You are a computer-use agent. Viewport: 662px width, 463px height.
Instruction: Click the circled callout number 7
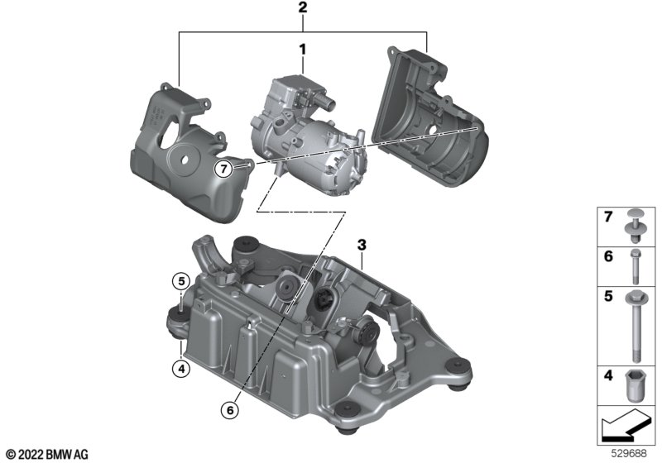[223, 169]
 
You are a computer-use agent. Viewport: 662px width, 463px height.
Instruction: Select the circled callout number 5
[181, 281]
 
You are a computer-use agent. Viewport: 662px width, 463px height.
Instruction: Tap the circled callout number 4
[181, 369]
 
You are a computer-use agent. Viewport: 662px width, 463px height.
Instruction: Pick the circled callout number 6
[230, 410]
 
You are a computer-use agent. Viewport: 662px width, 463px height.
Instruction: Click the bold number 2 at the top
[302, 7]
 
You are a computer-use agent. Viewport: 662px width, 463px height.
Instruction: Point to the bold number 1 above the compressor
[302, 50]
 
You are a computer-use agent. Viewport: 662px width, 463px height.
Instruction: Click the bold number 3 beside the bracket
[362, 245]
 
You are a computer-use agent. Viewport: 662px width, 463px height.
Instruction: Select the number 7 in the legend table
[608, 217]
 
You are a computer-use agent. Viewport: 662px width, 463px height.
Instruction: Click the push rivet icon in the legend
[634, 226]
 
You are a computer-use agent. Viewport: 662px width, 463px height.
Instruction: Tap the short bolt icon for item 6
[636, 266]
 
